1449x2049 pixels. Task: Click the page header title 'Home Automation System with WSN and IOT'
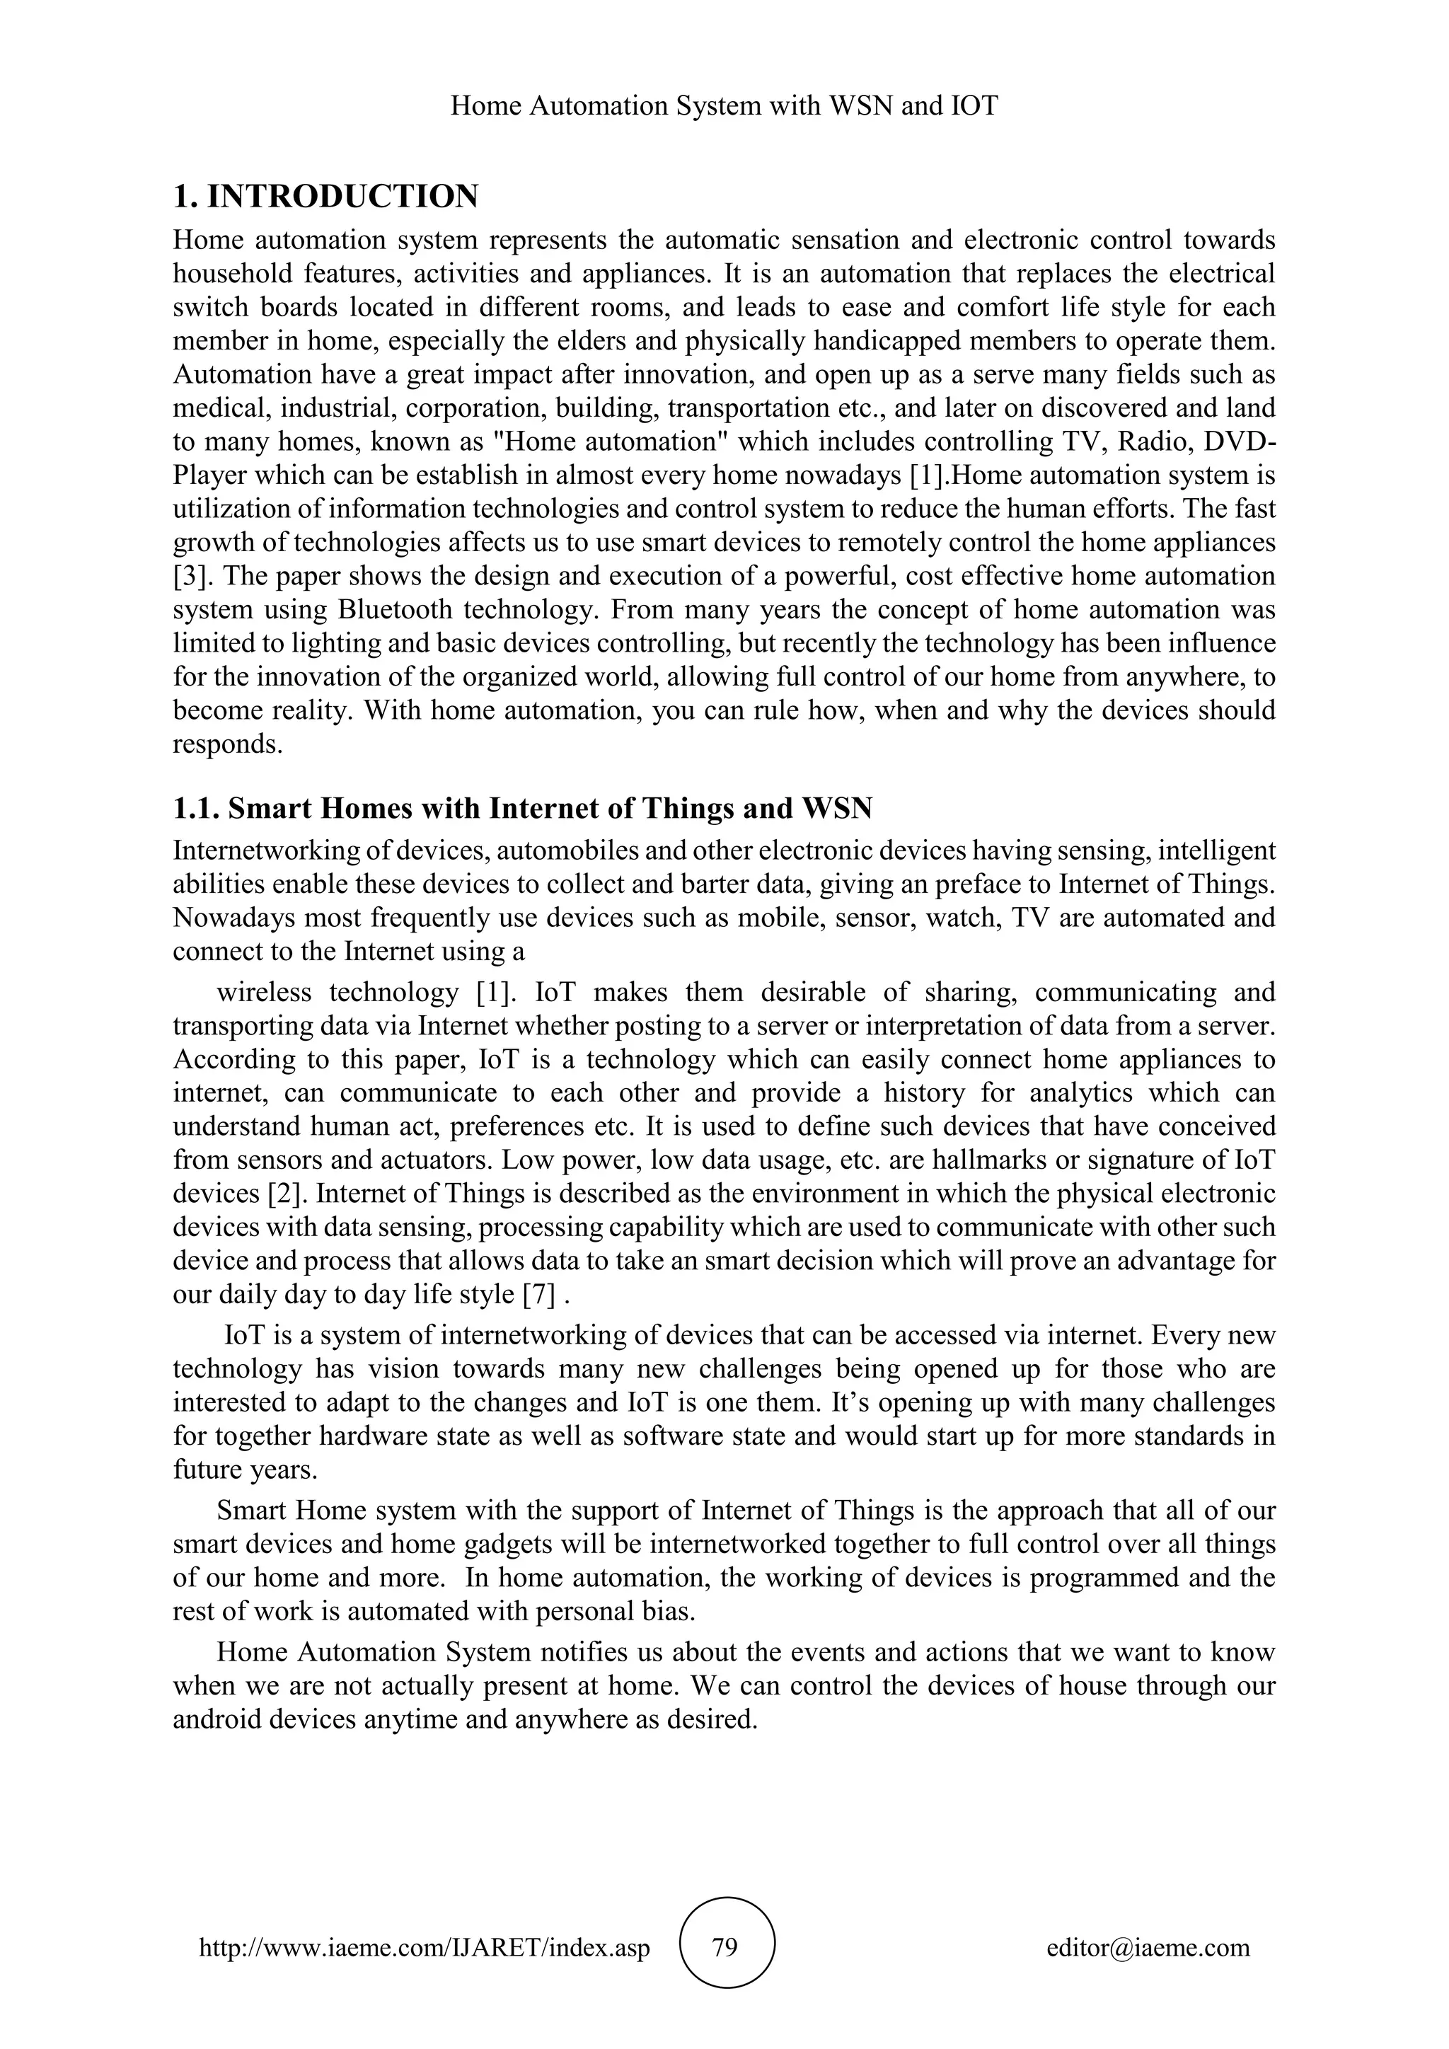point(724,106)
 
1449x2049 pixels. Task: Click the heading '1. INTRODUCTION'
point(325,196)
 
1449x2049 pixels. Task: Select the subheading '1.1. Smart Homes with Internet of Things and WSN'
point(522,809)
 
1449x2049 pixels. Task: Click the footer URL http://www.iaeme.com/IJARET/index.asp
point(425,1947)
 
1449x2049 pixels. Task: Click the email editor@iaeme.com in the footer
point(1148,1947)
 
